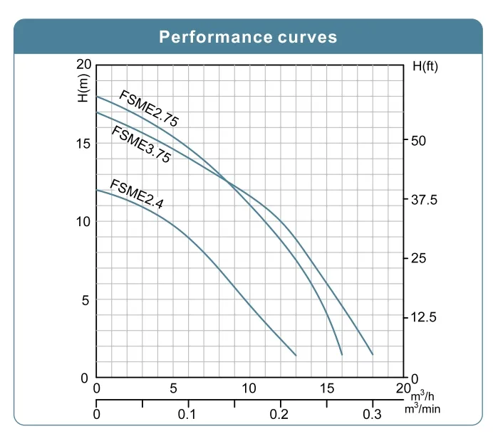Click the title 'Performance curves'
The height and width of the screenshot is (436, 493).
[248, 37]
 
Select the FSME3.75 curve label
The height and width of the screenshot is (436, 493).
[141, 144]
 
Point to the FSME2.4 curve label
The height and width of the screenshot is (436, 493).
[136, 195]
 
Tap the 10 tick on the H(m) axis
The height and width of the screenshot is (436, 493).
[81, 221]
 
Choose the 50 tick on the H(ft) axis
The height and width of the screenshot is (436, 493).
[419, 141]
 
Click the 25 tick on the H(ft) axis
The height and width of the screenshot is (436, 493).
[419, 258]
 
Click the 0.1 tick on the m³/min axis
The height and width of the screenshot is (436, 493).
[188, 415]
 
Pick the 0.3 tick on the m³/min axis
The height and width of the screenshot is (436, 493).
[373, 415]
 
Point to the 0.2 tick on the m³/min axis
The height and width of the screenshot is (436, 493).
[280, 415]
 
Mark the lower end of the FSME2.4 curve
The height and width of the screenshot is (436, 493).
[296, 355]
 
